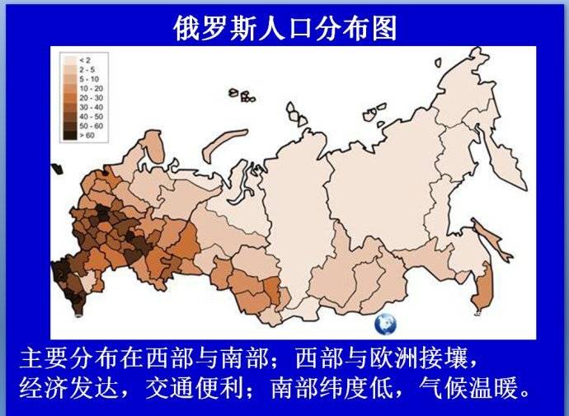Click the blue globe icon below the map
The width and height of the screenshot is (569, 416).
[x=385, y=324]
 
